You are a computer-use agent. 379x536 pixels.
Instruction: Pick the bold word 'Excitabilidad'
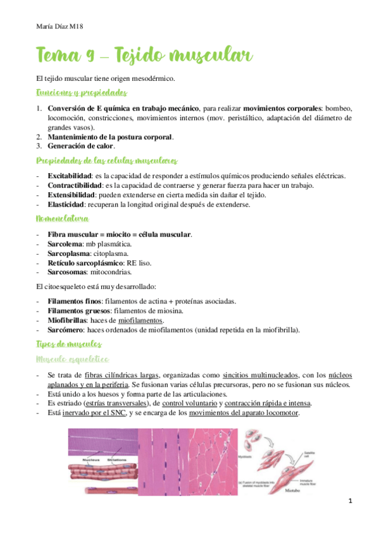70,175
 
